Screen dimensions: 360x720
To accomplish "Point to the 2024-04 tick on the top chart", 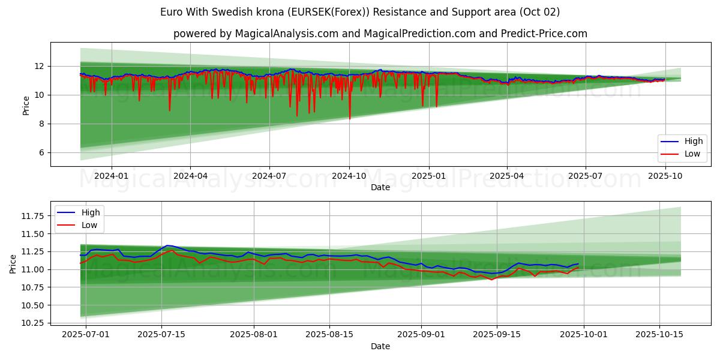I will (x=190, y=176).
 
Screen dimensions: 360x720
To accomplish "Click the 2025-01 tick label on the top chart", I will (x=429, y=176).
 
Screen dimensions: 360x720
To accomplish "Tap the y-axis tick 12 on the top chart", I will (x=39, y=66).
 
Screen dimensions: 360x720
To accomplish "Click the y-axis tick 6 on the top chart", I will (x=41, y=152).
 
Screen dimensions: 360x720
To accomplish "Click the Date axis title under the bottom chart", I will (x=380, y=346).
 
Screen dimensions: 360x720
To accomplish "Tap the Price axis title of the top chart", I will (x=26, y=105).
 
